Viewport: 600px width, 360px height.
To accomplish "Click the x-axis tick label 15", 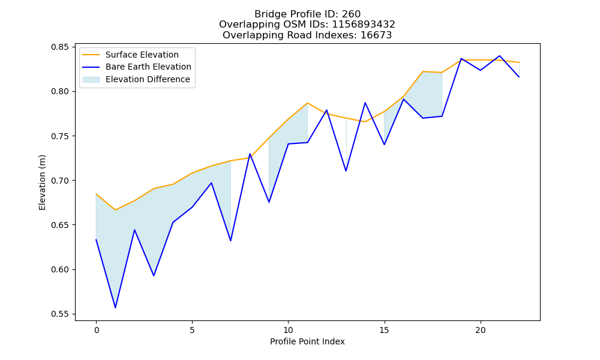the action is pyautogui.click(x=384, y=330).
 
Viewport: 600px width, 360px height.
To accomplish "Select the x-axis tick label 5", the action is pyautogui.click(x=192, y=330).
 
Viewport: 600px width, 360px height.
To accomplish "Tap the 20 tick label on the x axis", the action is pyautogui.click(x=480, y=330).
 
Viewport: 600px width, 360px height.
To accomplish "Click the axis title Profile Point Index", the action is pyautogui.click(x=307, y=341).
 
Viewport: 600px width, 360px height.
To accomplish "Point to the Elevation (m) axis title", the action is pyautogui.click(x=42, y=182).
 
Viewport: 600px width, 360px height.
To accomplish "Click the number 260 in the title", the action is pyautogui.click(x=351, y=14).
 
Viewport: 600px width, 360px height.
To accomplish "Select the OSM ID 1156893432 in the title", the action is pyautogui.click(x=363, y=25).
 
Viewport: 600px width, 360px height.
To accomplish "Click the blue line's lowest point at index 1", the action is pyautogui.click(x=115, y=308).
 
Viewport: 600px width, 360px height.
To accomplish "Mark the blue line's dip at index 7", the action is pyautogui.click(x=230, y=241).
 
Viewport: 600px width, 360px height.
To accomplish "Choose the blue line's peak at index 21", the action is pyautogui.click(x=499, y=56).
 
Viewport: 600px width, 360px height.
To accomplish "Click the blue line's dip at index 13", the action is pyautogui.click(x=346, y=170).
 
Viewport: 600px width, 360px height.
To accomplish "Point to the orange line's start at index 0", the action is pyautogui.click(x=96, y=194).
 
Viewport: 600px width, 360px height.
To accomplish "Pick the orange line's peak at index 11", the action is pyautogui.click(x=307, y=103).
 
